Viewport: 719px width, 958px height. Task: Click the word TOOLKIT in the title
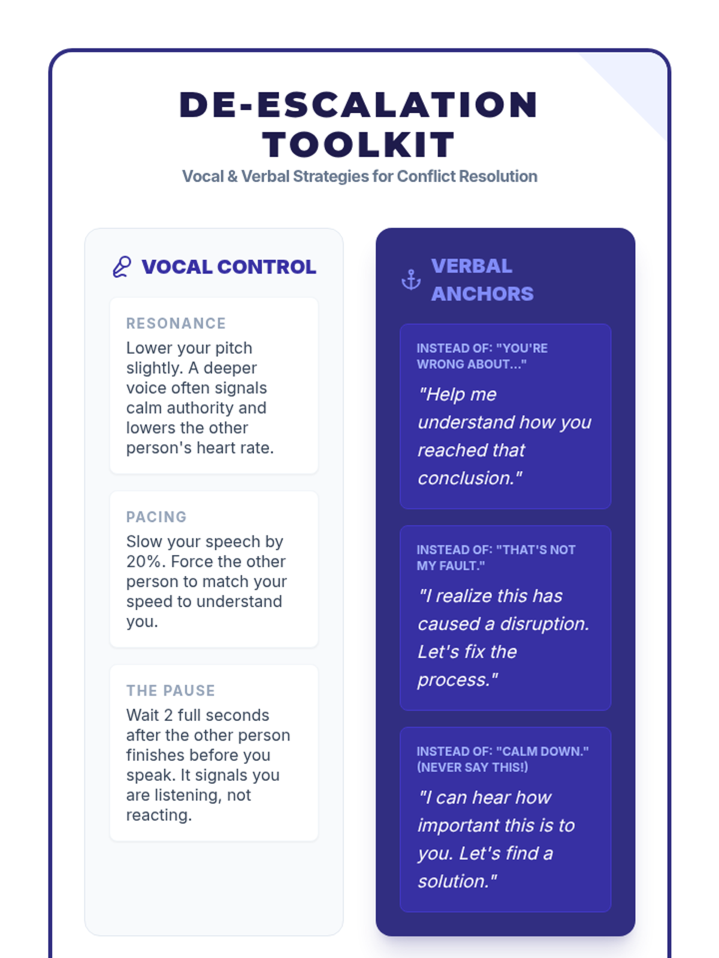[359, 145]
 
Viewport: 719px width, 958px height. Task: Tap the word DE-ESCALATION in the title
[359, 105]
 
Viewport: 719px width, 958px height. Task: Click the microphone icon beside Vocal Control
[122, 267]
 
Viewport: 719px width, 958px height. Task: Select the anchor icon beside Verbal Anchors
[411, 280]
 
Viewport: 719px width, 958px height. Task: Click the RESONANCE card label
[176, 323]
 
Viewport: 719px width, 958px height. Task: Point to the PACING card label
[156, 517]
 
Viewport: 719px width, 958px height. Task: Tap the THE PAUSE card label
[170, 690]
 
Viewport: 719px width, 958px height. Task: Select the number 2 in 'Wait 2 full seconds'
[168, 715]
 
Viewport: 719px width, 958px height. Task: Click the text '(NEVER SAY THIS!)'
[472, 767]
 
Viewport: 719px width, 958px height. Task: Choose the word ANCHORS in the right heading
[482, 294]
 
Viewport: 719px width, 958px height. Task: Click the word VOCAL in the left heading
[176, 267]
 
